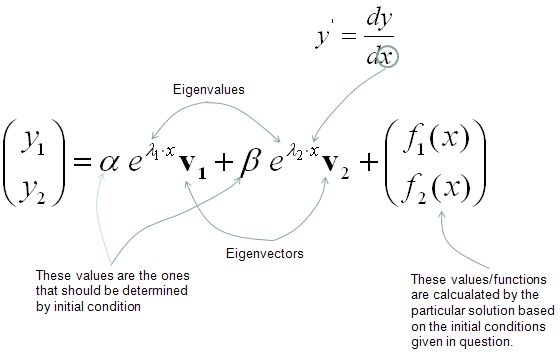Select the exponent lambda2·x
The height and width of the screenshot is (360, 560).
(297, 149)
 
